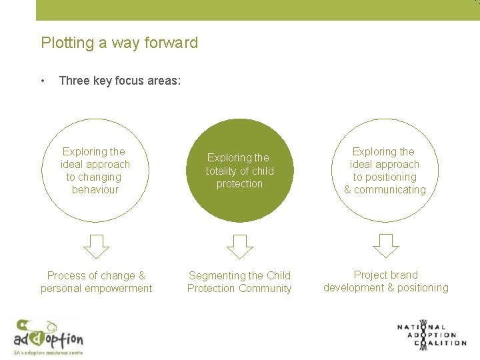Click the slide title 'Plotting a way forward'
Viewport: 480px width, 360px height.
click(119, 43)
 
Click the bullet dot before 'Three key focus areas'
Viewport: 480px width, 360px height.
click(43, 81)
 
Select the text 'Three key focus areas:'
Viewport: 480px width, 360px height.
click(120, 81)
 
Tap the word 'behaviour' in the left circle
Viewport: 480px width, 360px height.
click(95, 190)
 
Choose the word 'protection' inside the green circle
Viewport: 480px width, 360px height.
click(239, 184)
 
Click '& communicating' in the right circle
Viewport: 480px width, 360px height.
click(385, 190)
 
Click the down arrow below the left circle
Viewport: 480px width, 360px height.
click(96, 246)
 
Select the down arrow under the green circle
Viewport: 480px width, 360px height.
click(239, 246)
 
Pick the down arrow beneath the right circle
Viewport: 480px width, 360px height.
click(385, 246)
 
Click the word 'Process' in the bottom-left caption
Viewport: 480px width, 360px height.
click(66, 275)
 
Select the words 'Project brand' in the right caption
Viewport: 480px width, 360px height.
click(385, 275)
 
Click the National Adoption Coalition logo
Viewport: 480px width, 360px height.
click(431, 335)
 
